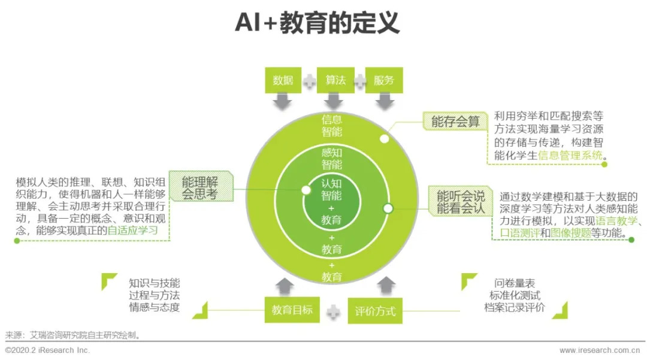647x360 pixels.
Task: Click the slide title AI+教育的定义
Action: click(x=317, y=23)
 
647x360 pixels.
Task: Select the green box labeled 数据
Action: click(x=283, y=80)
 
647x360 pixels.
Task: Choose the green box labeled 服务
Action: click(x=384, y=80)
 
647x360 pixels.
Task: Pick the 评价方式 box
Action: click(x=375, y=311)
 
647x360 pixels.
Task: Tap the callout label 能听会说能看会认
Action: click(x=461, y=202)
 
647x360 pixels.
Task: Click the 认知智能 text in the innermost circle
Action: click(x=331, y=189)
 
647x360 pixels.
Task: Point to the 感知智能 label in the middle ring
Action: click(x=331, y=159)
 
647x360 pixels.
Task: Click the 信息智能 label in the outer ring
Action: click(x=331, y=125)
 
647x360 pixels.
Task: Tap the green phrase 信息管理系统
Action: click(x=572, y=156)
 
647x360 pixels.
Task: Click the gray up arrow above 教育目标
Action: click(x=283, y=285)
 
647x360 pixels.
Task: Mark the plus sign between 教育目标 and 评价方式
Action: click(x=334, y=311)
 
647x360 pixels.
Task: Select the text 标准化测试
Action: click(x=515, y=295)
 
